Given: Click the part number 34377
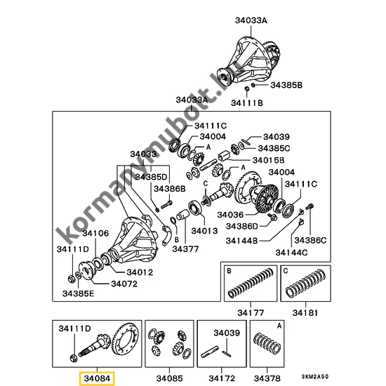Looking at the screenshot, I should click(x=187, y=248).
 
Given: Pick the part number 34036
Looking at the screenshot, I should click(x=232, y=215).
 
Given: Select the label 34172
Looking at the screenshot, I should click(x=221, y=378).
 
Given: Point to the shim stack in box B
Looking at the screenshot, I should click(x=248, y=288).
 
